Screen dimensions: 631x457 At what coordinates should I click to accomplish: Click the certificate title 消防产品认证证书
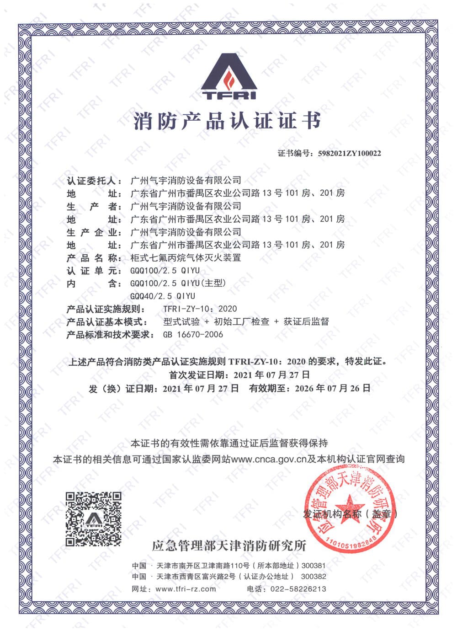click(227, 121)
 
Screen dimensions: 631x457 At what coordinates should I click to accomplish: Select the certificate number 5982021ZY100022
click(349, 154)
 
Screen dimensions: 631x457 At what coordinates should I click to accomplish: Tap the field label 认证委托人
click(94, 181)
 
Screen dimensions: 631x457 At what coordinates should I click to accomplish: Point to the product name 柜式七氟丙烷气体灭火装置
click(186, 258)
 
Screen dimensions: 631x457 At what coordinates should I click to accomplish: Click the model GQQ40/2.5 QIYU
click(163, 296)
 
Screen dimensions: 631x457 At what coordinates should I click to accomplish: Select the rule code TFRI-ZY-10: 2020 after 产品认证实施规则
click(200, 309)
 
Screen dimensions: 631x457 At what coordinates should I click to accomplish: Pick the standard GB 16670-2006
click(193, 335)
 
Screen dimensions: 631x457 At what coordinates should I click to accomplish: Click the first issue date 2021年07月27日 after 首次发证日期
click(272, 375)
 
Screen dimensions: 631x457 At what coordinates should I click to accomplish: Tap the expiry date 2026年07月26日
click(333, 389)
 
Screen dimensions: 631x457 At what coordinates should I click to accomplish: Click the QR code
click(94, 519)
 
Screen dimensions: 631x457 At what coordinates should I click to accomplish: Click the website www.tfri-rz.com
click(186, 589)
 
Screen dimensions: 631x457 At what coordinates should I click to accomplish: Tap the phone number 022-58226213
click(299, 589)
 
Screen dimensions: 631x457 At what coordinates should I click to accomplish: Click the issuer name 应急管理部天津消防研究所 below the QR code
click(229, 545)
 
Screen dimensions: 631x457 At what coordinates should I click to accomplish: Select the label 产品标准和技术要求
click(110, 335)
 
